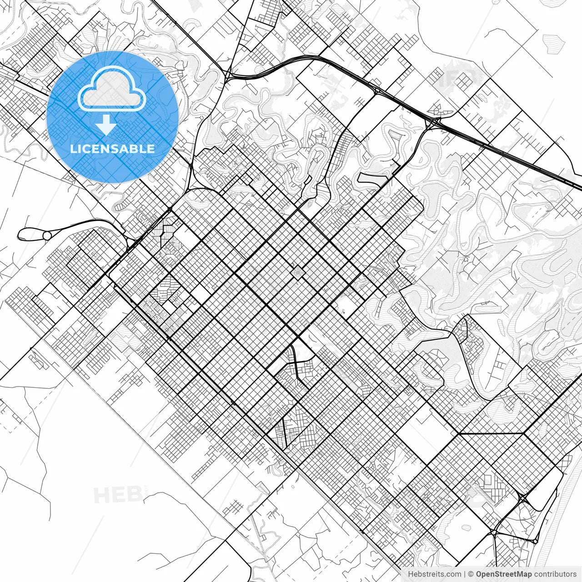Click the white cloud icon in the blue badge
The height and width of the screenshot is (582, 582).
(112, 89)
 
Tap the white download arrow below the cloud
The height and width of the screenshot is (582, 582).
(106, 125)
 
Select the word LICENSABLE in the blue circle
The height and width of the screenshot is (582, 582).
(112, 149)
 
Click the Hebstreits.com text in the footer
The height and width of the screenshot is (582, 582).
(434, 574)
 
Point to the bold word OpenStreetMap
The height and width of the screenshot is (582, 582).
(504, 574)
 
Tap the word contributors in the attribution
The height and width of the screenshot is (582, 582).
(555, 574)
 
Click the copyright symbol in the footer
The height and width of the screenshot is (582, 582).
(471, 574)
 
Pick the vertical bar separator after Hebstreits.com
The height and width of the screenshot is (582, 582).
(464, 574)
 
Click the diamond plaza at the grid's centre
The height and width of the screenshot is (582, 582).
(297, 272)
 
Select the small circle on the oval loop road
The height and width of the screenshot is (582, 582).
(47, 236)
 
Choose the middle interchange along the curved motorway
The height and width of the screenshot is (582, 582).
(377, 91)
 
